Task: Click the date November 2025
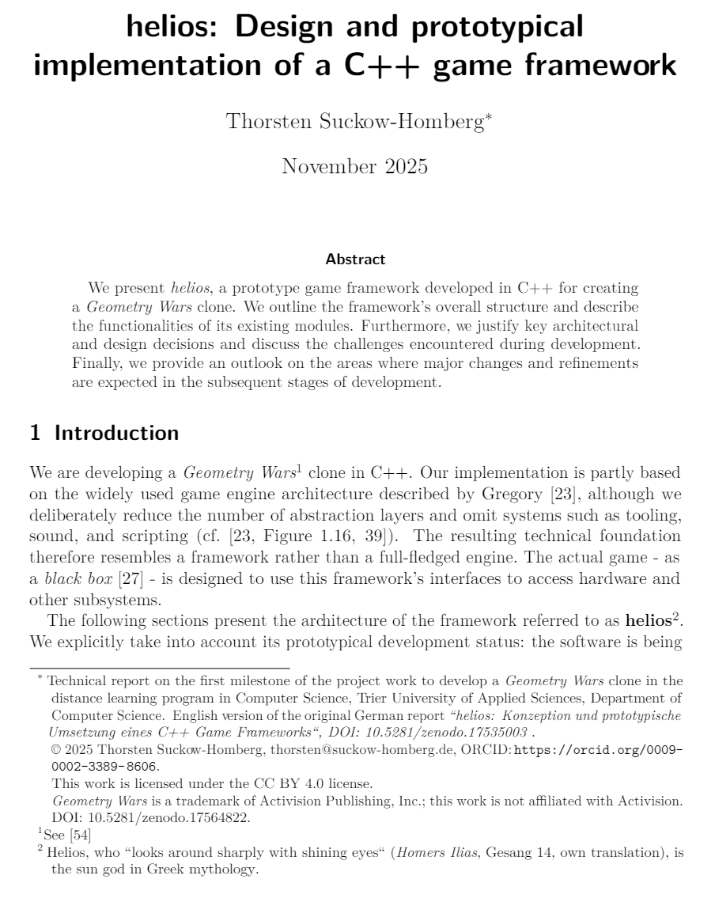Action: click(354, 166)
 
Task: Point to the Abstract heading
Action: click(355, 259)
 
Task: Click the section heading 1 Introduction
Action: click(104, 433)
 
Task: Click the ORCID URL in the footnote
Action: click(598, 750)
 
